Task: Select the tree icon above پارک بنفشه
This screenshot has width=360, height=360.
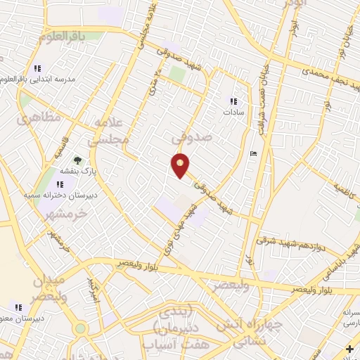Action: [x=77, y=160]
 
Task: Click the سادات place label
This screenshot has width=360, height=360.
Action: [x=233, y=112]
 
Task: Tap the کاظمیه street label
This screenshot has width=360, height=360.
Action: [x=345, y=189]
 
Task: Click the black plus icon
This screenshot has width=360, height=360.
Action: [x=349, y=349]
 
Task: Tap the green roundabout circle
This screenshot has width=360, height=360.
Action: [x=81, y=328]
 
